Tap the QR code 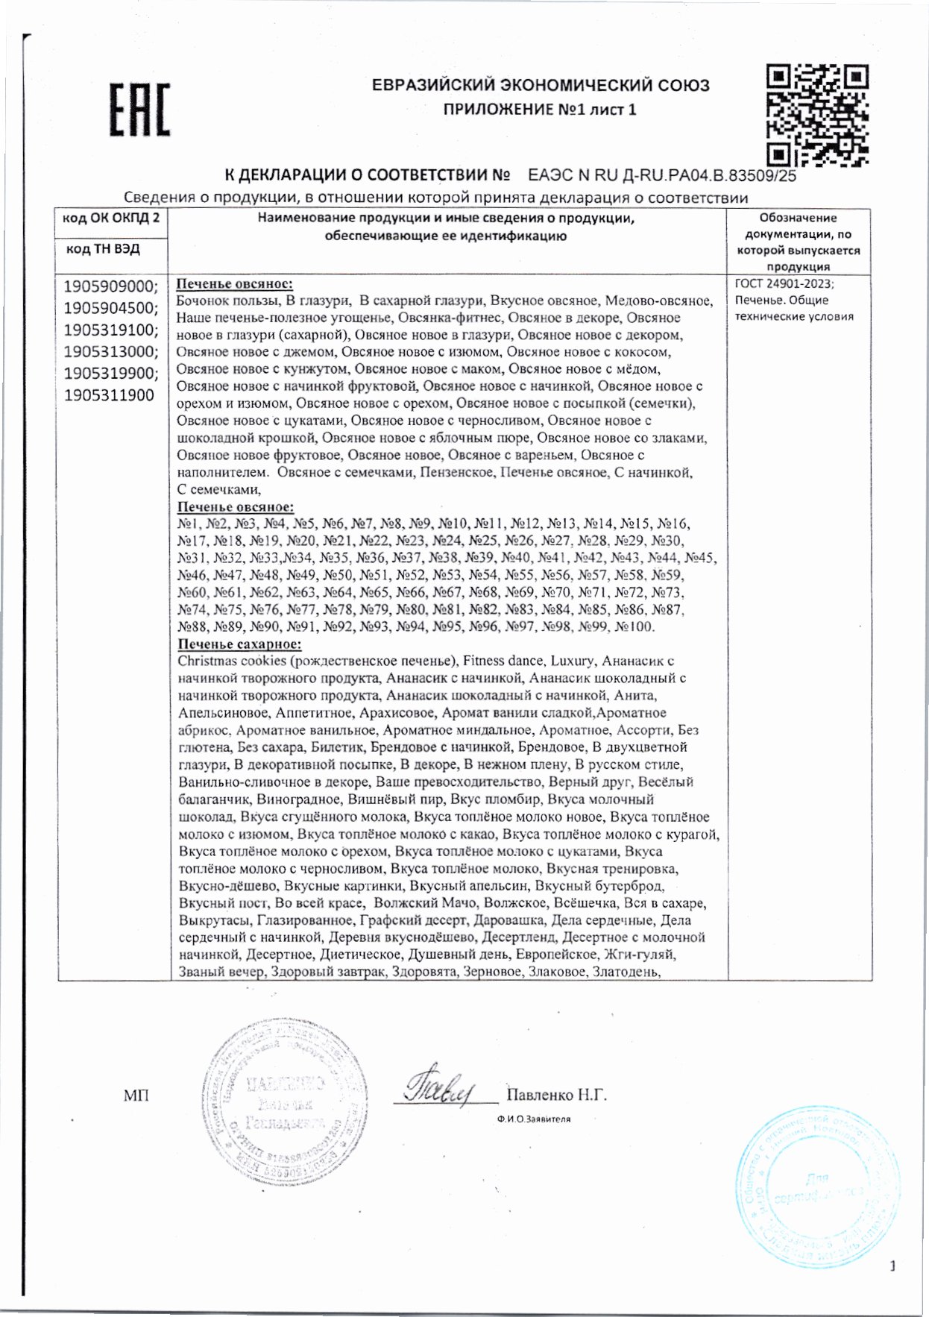coord(818,115)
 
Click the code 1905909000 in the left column coord(110,286)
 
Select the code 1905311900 coord(109,395)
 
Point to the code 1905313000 coord(110,351)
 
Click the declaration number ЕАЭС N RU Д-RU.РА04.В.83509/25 coord(661,176)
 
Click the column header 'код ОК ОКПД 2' coord(110,218)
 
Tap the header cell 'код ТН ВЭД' coord(103,248)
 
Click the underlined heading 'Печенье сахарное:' coord(239,644)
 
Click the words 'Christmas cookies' coord(232,661)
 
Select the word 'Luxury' coord(573,661)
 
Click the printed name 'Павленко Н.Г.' coord(556,1095)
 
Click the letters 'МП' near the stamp coord(136,1096)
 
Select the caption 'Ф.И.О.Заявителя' coord(533,1119)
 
